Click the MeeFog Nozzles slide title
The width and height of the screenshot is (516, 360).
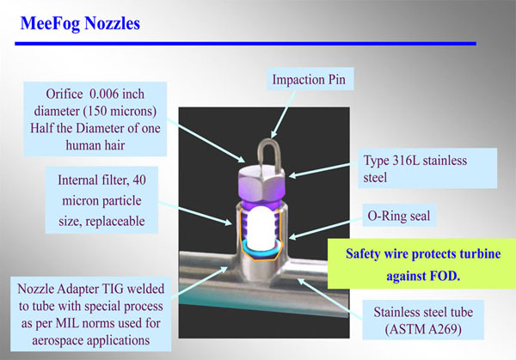80,24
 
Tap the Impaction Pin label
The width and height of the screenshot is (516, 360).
309,79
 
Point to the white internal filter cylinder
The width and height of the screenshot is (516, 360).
261,229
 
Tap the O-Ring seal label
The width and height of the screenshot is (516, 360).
399,216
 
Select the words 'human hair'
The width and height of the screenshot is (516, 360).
95,145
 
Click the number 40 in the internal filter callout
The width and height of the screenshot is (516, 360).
139,180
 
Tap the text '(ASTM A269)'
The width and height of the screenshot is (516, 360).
423,329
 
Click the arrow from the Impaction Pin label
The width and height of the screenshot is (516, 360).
283,114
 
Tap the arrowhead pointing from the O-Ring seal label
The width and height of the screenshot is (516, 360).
293,236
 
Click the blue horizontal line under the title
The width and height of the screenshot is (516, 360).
245,44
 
